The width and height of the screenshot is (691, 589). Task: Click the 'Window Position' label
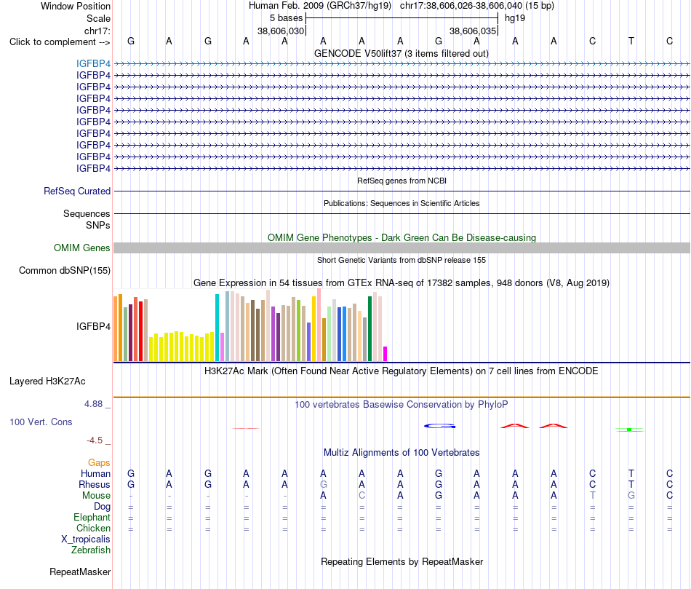76,6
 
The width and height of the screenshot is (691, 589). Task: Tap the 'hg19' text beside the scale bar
515,18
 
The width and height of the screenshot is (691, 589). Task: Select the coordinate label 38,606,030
281,31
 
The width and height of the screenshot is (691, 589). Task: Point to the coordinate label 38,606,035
472,31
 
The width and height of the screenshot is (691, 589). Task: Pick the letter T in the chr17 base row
631,41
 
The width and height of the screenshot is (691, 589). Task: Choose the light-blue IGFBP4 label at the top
93,63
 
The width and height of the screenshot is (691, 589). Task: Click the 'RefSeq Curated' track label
76,191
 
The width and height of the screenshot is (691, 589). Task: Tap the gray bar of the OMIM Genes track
402,248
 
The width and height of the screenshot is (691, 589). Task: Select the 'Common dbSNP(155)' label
64,270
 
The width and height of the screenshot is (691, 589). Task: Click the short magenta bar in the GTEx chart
386,354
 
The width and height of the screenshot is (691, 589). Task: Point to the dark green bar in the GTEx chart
370,328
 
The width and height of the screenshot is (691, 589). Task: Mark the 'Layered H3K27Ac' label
47,382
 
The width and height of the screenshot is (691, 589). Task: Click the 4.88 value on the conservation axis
93,403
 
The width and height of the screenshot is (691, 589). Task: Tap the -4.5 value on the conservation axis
95,440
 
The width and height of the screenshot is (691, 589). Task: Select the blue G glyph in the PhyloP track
439,426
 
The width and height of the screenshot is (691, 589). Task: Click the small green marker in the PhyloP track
629,430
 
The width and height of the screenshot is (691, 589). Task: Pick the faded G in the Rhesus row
323,484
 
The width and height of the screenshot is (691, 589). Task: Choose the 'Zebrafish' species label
91,550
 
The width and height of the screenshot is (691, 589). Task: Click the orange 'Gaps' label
99,462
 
